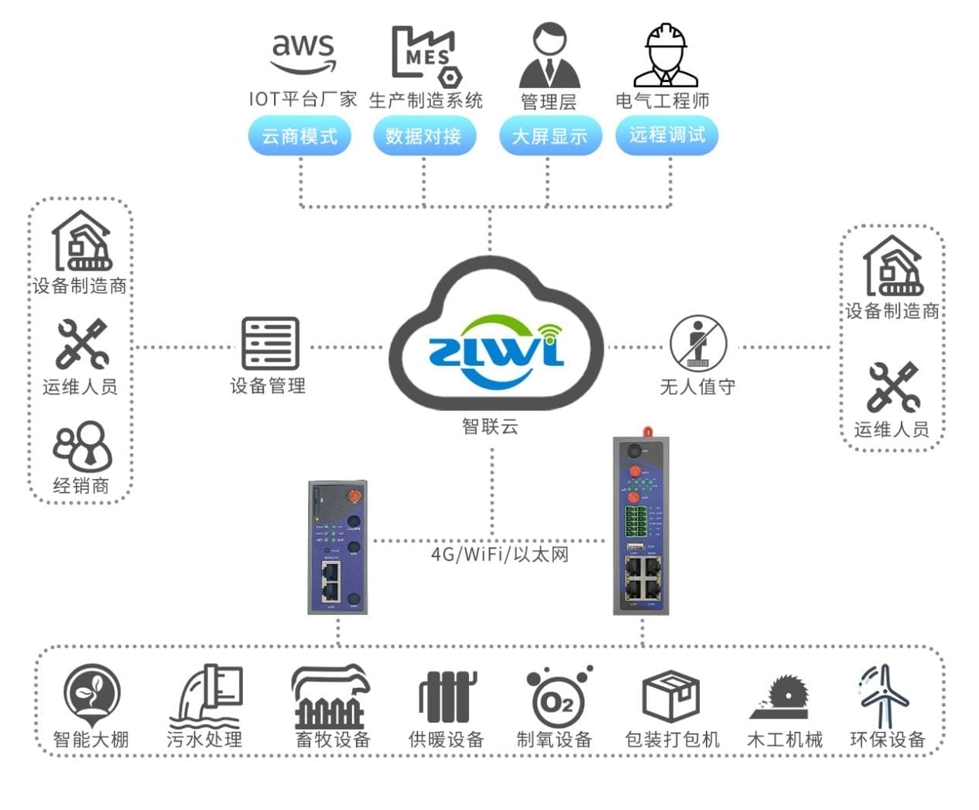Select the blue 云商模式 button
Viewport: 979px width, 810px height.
pos(300,136)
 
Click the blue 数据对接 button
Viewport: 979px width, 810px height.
pos(423,136)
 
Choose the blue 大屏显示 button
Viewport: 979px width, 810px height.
pos(549,136)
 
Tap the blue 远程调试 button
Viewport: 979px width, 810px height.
pos(666,135)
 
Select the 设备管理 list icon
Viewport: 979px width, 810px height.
pos(269,343)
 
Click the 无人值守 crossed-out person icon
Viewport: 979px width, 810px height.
pos(697,343)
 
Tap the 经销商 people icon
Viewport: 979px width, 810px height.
pos(82,446)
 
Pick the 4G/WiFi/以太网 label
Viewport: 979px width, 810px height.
pos(499,554)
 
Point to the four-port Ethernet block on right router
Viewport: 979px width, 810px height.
pos(642,578)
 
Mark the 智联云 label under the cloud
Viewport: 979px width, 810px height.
pos(490,426)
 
